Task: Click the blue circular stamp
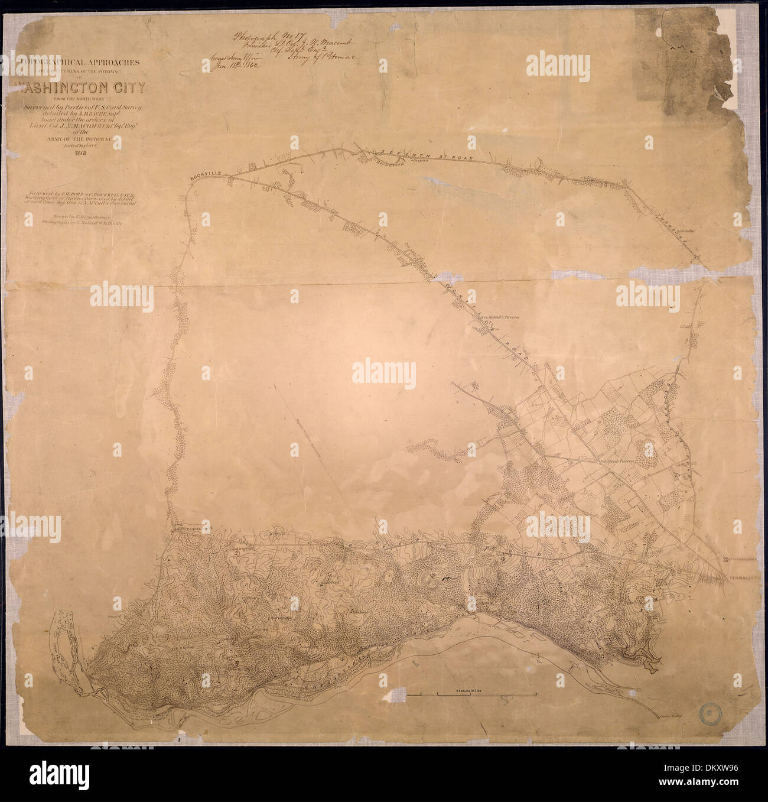click(711, 714)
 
